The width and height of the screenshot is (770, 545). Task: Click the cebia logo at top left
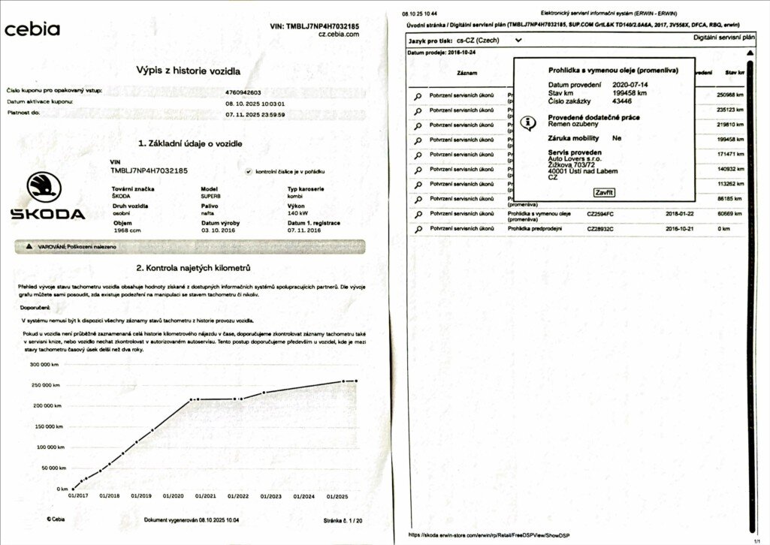[x=32, y=29]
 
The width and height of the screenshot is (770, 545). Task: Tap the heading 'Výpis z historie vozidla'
[x=188, y=71]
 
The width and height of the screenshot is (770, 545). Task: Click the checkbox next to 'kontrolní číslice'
[x=249, y=172]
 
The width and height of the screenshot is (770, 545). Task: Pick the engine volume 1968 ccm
[x=125, y=230]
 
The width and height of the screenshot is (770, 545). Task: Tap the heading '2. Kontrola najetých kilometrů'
[x=193, y=268]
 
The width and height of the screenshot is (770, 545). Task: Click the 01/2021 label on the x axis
[x=205, y=496]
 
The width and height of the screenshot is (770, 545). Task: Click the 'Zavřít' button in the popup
[x=604, y=193]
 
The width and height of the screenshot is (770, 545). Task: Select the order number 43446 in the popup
[x=622, y=101]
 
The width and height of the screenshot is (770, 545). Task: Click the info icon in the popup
[x=529, y=122]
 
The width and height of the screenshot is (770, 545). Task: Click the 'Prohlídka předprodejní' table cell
[x=535, y=228]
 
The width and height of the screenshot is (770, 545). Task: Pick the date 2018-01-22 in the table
[x=679, y=213]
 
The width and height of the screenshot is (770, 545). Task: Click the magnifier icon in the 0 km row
[x=418, y=228]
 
